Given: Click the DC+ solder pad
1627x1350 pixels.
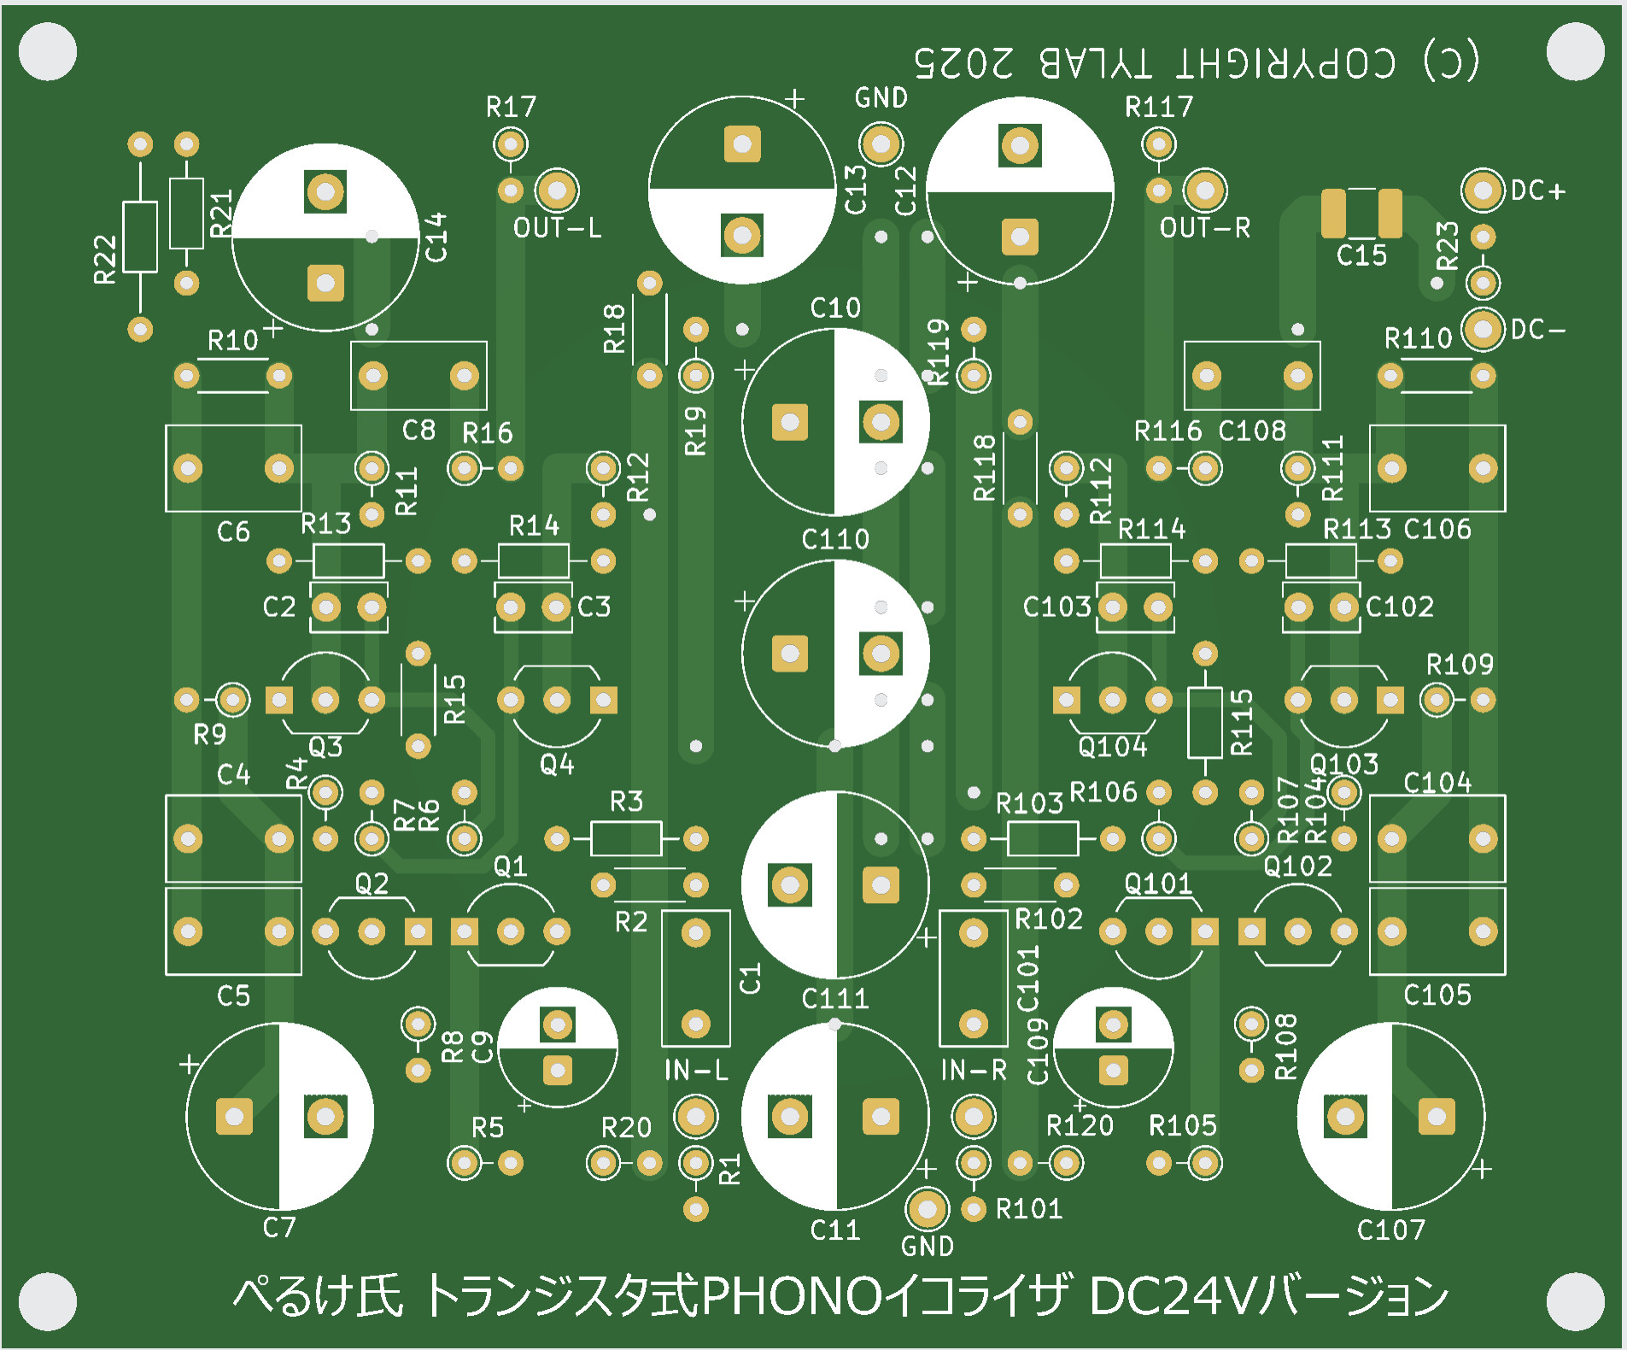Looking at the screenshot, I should tap(1482, 190).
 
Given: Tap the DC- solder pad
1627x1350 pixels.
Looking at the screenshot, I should tap(1483, 329).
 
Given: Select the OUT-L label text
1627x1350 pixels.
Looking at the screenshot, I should tap(557, 228).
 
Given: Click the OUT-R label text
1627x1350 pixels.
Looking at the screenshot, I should tap(1204, 228).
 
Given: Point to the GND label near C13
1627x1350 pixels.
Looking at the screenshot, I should tap(881, 98).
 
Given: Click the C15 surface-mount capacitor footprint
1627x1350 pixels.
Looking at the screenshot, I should tap(1361, 214).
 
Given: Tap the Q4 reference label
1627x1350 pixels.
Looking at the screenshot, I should tap(557, 763).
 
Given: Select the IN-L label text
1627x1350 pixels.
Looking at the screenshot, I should tap(696, 1070).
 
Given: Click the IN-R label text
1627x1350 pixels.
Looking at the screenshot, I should tap(974, 1070).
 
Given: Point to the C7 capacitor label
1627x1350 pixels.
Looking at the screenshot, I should tap(279, 1228).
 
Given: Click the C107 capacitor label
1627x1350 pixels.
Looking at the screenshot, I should tap(1391, 1230).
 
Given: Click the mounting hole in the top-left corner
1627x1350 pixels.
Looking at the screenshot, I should tap(48, 51).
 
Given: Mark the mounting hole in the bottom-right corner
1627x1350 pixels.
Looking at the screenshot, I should tap(1576, 1301).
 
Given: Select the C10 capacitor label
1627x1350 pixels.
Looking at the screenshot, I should tap(835, 308).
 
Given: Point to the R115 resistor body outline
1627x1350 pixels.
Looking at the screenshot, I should tap(1204, 723).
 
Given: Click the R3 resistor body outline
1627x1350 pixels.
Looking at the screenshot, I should tap(626, 839).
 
